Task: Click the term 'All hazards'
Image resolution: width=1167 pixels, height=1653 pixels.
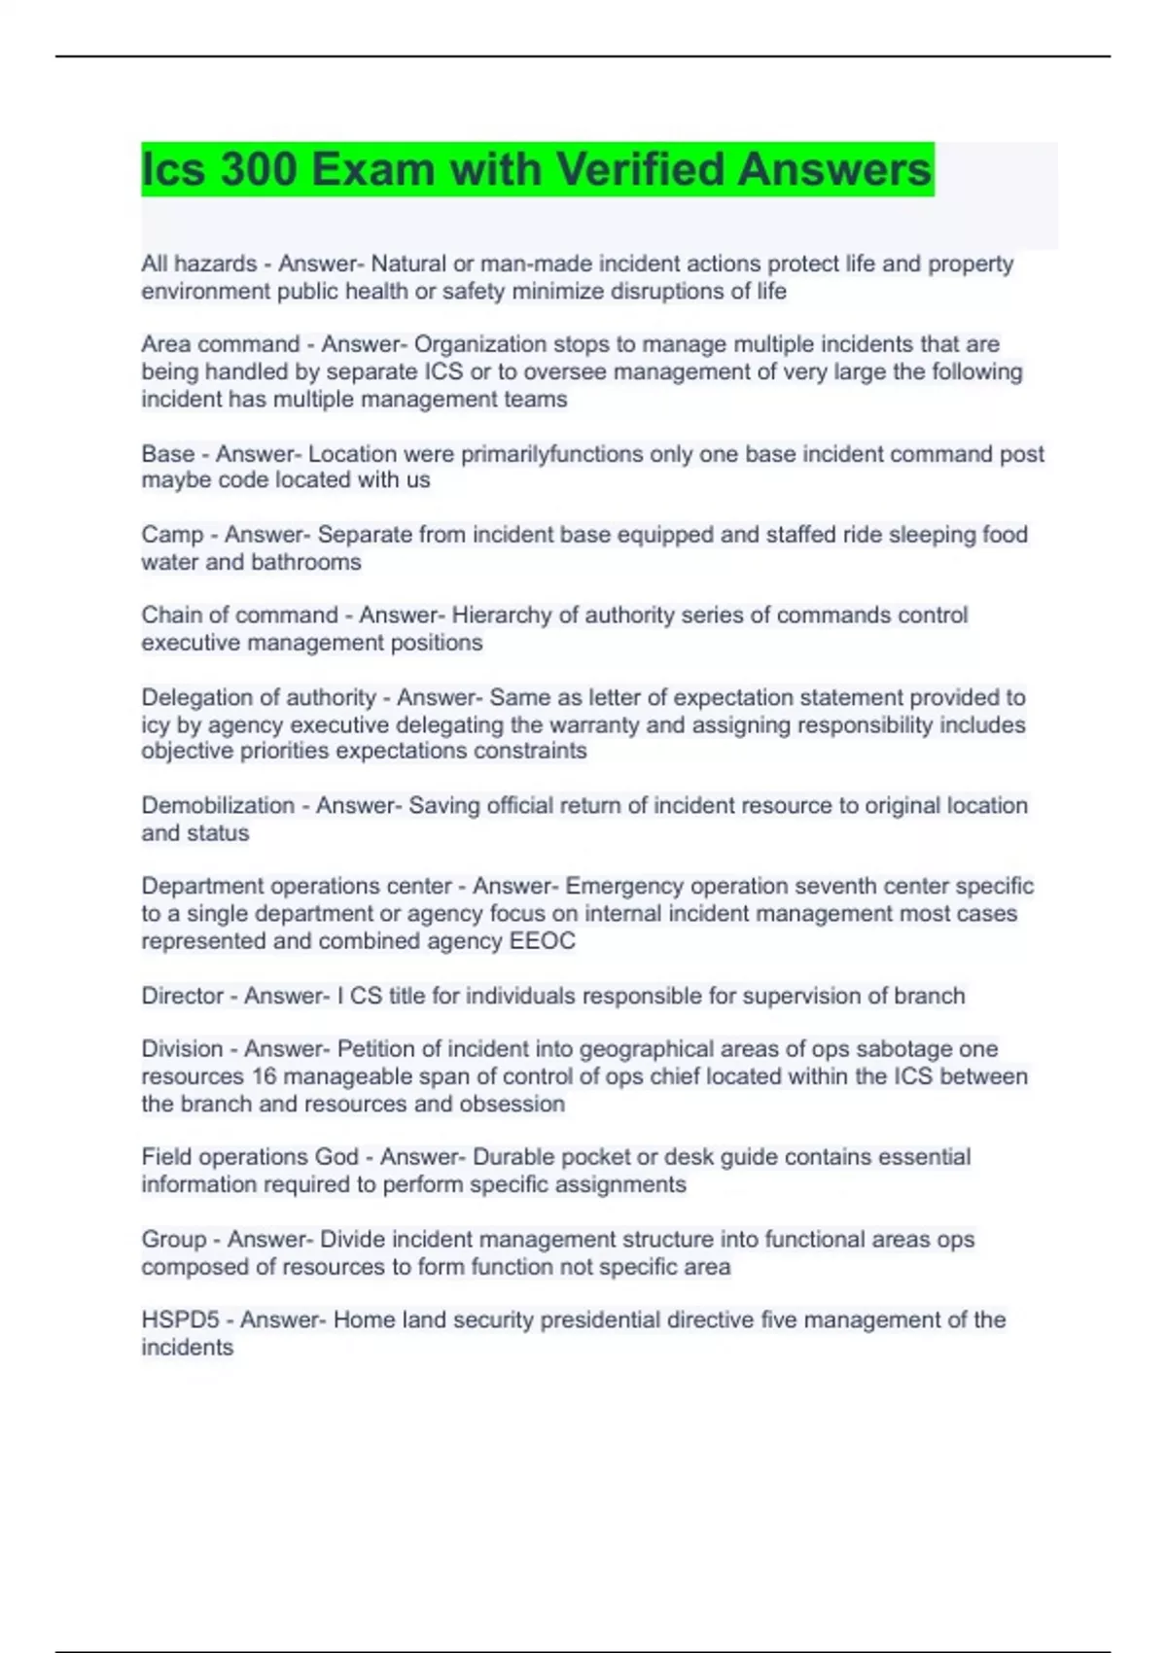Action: [199, 264]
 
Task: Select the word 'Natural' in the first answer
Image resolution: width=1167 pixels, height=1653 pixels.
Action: [408, 264]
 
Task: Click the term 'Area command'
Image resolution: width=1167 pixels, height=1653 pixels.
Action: [221, 344]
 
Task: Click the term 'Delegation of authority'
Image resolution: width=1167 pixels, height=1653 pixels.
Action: [259, 697]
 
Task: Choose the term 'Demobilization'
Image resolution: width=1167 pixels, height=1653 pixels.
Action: [218, 805]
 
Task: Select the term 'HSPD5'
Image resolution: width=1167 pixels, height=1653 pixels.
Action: [180, 1319]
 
